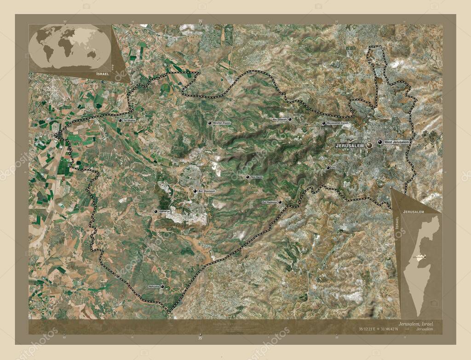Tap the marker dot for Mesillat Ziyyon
[209, 123]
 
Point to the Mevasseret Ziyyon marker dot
[323, 123]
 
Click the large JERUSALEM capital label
[350, 145]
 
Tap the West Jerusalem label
[396, 143]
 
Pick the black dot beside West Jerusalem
[379, 143]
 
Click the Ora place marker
[328, 168]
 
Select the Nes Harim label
[257, 177]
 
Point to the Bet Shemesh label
[207, 191]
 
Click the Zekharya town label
[164, 211]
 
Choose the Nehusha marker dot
[162, 286]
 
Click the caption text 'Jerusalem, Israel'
[416, 324]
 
